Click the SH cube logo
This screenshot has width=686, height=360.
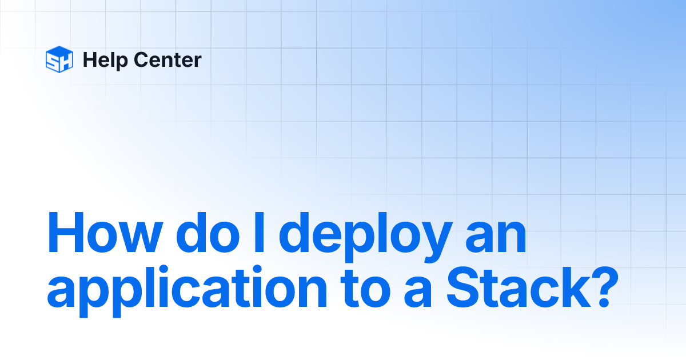pyautogui.click(x=59, y=59)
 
